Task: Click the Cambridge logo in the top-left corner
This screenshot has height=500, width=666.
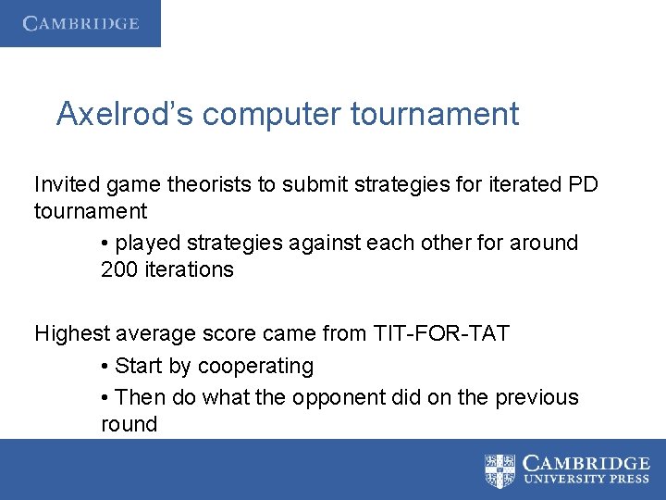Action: [x=80, y=23]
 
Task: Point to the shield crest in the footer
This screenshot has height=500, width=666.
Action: [x=500, y=470]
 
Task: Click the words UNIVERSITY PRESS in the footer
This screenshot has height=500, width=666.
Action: [x=586, y=481]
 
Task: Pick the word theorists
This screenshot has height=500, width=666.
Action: [x=214, y=184]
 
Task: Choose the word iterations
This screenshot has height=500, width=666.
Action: [x=190, y=269]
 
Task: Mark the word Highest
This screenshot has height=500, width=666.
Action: [x=71, y=333]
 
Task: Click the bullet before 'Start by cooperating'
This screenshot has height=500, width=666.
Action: [x=106, y=367]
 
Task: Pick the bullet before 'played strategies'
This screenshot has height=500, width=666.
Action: [x=106, y=244]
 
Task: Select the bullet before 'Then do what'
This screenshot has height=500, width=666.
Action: [x=106, y=398]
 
